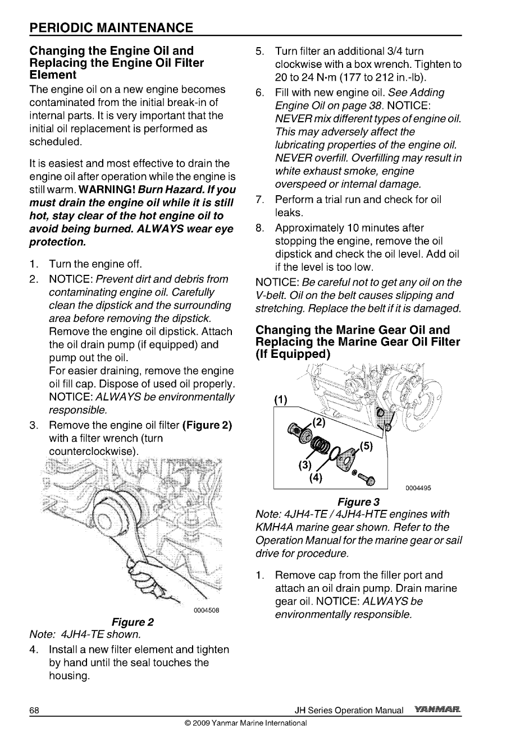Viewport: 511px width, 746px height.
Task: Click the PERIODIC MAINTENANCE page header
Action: click(112, 27)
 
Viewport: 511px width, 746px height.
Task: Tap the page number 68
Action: click(34, 711)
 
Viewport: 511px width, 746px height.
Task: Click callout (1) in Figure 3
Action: click(280, 400)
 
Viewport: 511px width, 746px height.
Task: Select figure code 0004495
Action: click(418, 488)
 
